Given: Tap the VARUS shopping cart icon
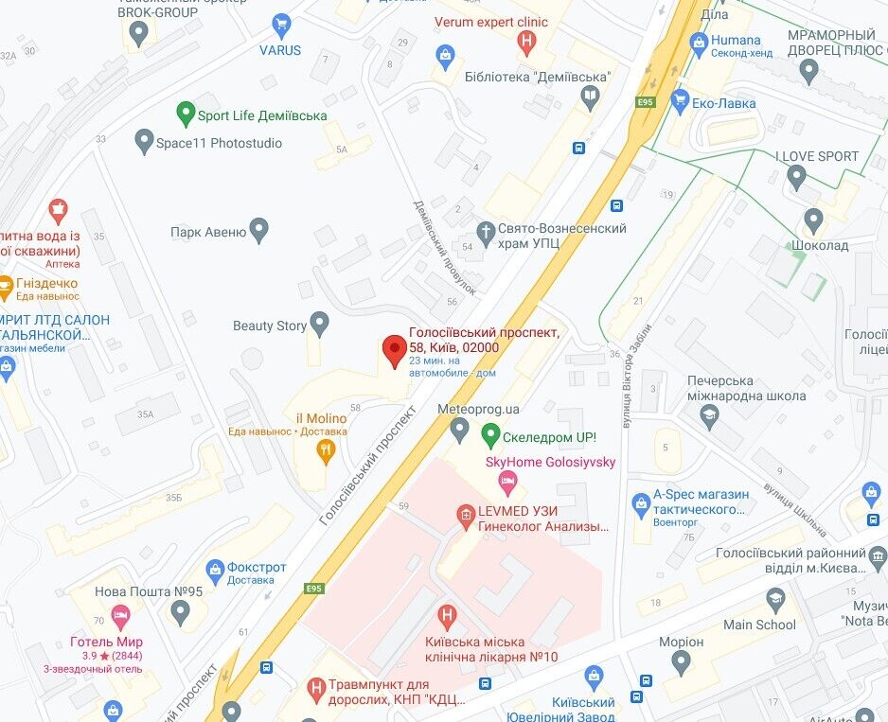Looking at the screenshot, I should tap(280, 26).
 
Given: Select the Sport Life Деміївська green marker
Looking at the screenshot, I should tap(186, 115).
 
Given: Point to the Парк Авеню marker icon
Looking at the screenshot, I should tap(258, 230).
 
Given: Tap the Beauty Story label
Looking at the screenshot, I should tap(270, 326).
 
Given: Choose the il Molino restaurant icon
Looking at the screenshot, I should tap(326, 451).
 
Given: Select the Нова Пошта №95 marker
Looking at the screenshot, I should tap(181, 612).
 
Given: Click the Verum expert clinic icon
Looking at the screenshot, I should tap(526, 41).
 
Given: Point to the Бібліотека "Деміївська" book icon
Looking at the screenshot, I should tap(590, 96).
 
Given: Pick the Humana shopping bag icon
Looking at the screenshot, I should tap(699, 41).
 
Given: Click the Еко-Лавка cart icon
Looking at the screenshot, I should tap(678, 99).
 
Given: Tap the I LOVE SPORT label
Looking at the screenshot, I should tap(816, 156).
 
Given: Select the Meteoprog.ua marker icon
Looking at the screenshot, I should tap(459, 430).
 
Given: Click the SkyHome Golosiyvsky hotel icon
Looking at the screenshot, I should tap(507, 483).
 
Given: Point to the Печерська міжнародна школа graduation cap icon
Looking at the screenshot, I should tap(709, 414).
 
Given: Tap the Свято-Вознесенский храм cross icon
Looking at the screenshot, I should tap(486, 231).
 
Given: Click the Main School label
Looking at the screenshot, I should tap(759, 625).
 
